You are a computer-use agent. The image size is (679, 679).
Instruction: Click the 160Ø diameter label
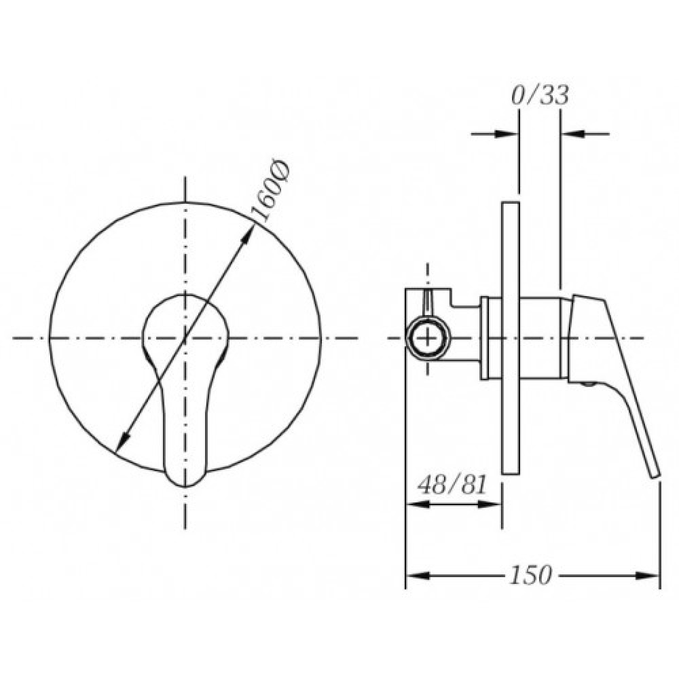point(270,191)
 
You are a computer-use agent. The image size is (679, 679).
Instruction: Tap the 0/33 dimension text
point(540,95)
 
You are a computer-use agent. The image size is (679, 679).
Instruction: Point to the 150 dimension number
point(531,575)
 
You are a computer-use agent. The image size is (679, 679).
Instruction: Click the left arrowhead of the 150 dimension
point(418,576)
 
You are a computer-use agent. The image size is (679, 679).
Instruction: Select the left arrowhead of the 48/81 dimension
point(418,504)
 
